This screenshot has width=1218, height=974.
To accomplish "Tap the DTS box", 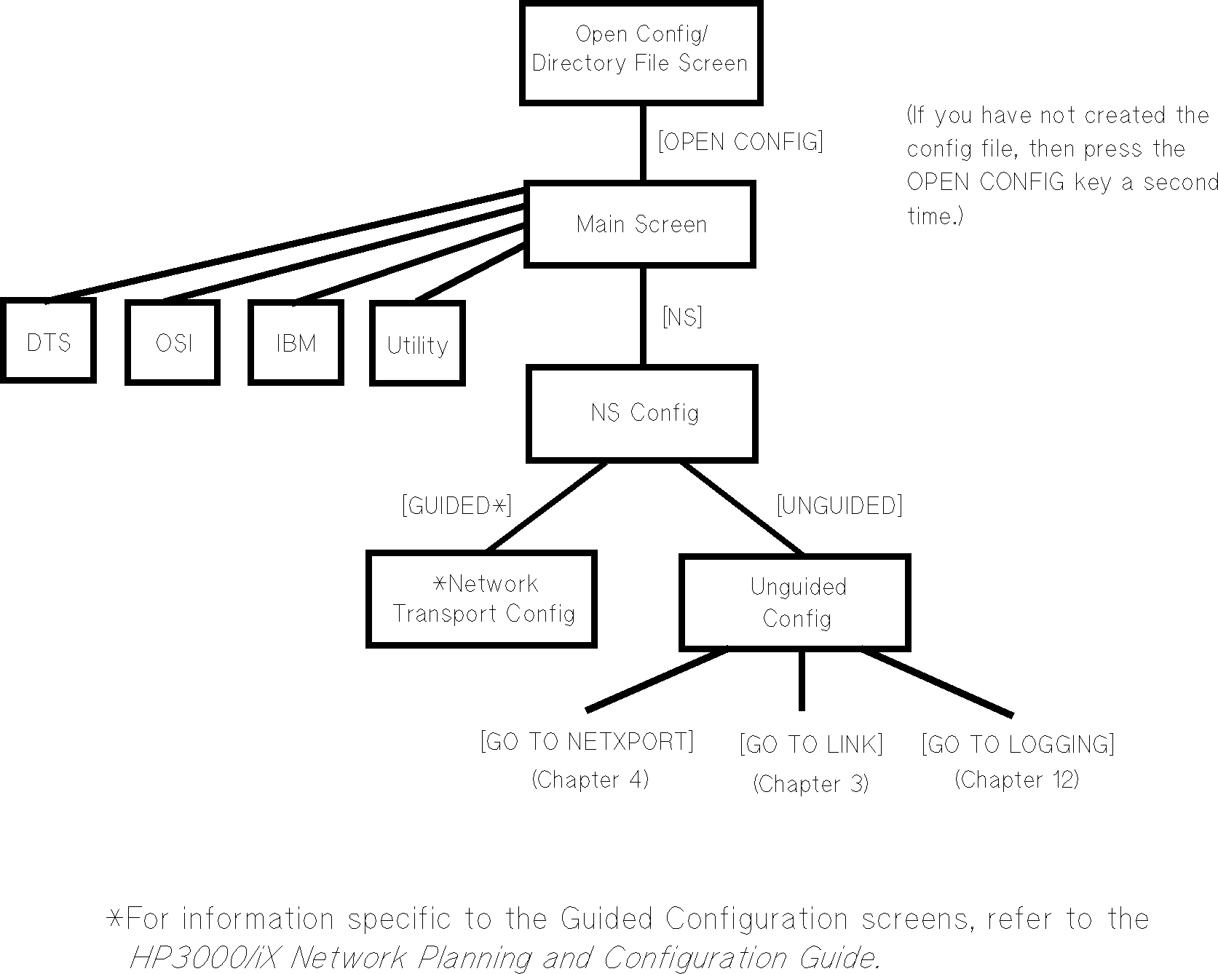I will pyautogui.click(x=48, y=341).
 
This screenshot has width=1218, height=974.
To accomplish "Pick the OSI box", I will pyautogui.click(x=173, y=342).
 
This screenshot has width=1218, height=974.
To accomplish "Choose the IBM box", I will pyautogui.click(x=296, y=342).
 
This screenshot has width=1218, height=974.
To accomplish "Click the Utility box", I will pyautogui.click(x=417, y=344).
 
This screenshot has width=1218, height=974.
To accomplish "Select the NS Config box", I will pyautogui.click(x=642, y=413).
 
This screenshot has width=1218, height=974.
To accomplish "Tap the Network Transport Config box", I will pyautogui.click(x=482, y=599).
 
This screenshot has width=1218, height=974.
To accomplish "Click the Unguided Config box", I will pyautogui.click(x=795, y=603).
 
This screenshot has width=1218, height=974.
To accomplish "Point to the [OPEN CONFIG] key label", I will pyautogui.click(x=740, y=141).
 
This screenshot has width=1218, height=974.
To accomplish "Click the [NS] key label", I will pyautogui.click(x=682, y=317).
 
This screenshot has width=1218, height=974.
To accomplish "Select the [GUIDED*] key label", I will pyautogui.click(x=456, y=505).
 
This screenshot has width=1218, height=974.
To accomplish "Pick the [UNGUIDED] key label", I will pyautogui.click(x=839, y=505).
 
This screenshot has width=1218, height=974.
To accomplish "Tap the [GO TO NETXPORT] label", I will pyautogui.click(x=587, y=742).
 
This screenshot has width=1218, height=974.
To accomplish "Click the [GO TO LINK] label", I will pyautogui.click(x=811, y=745).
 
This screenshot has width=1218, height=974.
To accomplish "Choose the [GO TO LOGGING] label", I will pyautogui.click(x=1018, y=745).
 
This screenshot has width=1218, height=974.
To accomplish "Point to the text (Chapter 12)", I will pyautogui.click(x=1016, y=780).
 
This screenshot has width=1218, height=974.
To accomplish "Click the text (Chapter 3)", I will pyautogui.click(x=810, y=784).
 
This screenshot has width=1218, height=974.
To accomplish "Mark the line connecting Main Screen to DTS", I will pyautogui.click(x=284, y=244).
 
